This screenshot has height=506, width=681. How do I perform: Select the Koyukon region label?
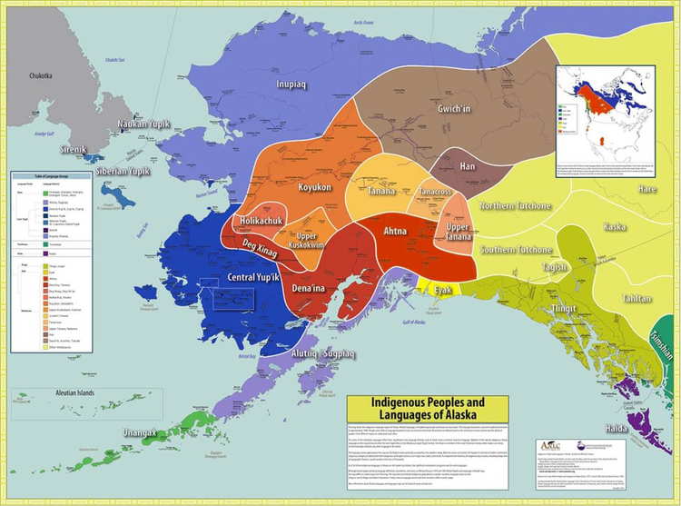(x=313, y=187)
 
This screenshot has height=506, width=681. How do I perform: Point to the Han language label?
(x=467, y=166)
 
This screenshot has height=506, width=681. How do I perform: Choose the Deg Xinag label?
(x=261, y=244)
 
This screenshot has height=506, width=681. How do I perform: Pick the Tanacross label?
(x=436, y=193)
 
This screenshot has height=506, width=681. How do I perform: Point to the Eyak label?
(x=442, y=290)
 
